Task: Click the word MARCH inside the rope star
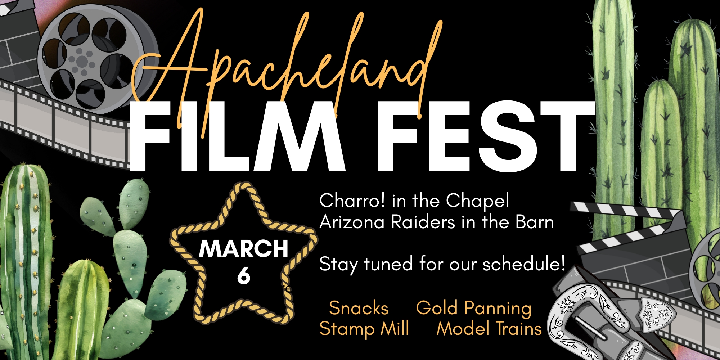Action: click(x=244, y=248)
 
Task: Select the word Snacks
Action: click(x=359, y=308)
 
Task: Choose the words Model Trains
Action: click(x=489, y=329)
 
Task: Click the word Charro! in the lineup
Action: click(x=352, y=201)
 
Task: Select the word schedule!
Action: click(x=524, y=264)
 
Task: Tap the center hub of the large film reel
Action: click(x=82, y=61)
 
